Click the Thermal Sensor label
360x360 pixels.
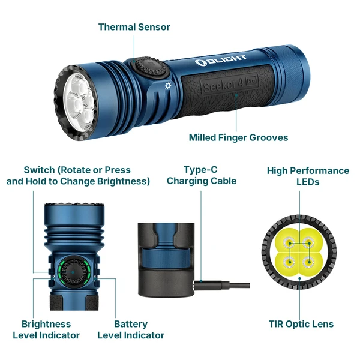pyautogui.click(x=134, y=27)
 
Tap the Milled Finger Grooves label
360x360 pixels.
pyautogui.click(x=238, y=137)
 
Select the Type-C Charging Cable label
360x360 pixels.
pyautogui.click(x=202, y=175)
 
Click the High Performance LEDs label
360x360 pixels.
pyautogui.click(x=308, y=176)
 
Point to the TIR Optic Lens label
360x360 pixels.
pyautogui.click(x=301, y=324)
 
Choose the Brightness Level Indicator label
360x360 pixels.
pyautogui.click(x=46, y=329)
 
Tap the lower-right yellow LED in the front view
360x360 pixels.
pyautogui.click(x=309, y=263)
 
